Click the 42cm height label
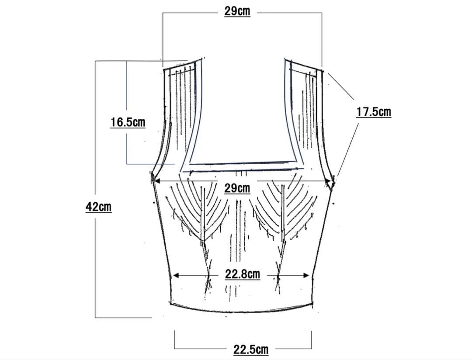pos(98,207)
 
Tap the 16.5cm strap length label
pos(128,122)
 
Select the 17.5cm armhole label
pos(374,112)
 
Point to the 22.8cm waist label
pos(243,274)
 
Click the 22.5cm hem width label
pos(251,350)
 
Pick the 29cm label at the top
pos(237,11)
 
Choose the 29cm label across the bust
pos(237,188)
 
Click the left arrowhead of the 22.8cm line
pos(176,275)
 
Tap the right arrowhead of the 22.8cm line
pos(306,275)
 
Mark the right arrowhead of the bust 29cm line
pos(328,181)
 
